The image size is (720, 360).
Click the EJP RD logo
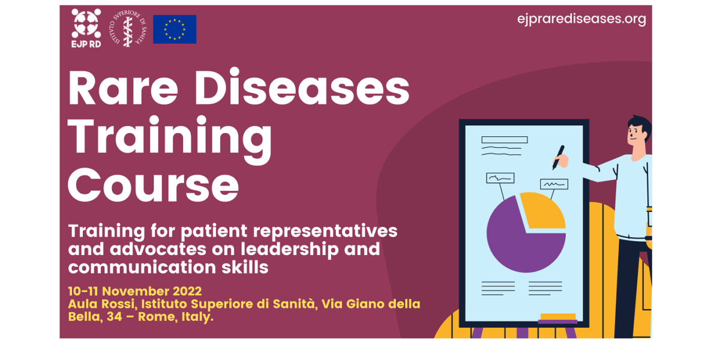(x=86, y=28)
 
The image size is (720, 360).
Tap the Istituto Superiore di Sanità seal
(x=128, y=29)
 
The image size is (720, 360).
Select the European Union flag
(x=175, y=29)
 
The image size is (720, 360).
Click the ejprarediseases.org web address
(x=581, y=19)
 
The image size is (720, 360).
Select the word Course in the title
(x=154, y=185)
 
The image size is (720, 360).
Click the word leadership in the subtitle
(x=290, y=250)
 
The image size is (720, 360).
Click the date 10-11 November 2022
(x=135, y=291)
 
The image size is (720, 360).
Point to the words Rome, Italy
(x=175, y=317)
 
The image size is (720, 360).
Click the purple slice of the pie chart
(x=521, y=244)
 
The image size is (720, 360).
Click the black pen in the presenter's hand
(x=559, y=157)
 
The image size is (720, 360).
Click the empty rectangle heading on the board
(x=505, y=139)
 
